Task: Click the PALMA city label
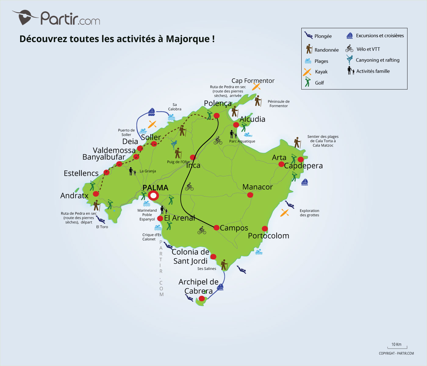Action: [x=155, y=188]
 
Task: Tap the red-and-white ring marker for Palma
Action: [x=153, y=196]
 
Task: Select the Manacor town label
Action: [x=257, y=187]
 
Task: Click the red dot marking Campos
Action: [x=216, y=228]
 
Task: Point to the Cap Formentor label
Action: [x=253, y=81]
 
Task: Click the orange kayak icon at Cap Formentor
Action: [x=256, y=87]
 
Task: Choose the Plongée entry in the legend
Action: [x=323, y=36]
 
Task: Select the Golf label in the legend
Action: [x=319, y=83]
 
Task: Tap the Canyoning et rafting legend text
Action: [x=377, y=60]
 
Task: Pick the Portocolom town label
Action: [x=268, y=236]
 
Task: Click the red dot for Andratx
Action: [x=96, y=194]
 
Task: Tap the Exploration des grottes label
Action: [x=309, y=213]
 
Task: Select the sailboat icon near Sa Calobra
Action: [x=152, y=112]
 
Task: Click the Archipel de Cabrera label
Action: [x=198, y=286]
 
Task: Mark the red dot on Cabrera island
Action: [x=201, y=298]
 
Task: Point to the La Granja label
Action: [x=148, y=171]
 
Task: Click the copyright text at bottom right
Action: [x=396, y=353]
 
